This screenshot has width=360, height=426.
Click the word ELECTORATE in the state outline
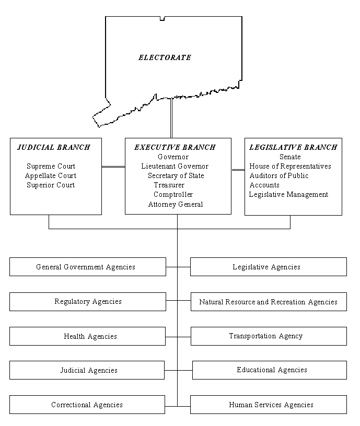click(x=165, y=57)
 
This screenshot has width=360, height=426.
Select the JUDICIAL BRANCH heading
click(x=53, y=147)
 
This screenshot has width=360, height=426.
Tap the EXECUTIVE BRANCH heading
click(x=175, y=147)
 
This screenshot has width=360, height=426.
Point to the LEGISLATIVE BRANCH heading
click(x=293, y=147)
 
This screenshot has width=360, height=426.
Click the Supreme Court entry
click(x=51, y=166)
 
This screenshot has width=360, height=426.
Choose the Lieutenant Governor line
click(x=175, y=166)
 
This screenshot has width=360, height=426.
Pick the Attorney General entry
click(x=176, y=204)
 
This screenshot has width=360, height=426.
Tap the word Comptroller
click(x=173, y=194)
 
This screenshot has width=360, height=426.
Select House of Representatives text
click(x=290, y=166)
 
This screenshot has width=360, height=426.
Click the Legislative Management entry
click(x=288, y=194)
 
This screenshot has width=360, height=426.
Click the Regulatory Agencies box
click(x=87, y=301)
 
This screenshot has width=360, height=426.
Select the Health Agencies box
click(x=87, y=336)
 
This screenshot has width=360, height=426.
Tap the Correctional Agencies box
click(x=87, y=405)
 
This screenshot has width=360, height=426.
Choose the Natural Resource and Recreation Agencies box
click(x=268, y=302)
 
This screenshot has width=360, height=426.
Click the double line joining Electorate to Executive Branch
click(x=171, y=118)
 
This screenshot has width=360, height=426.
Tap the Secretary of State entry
click(x=176, y=175)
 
